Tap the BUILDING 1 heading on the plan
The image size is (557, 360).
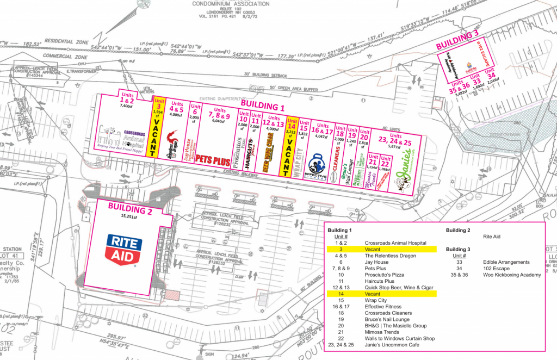[263, 104]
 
